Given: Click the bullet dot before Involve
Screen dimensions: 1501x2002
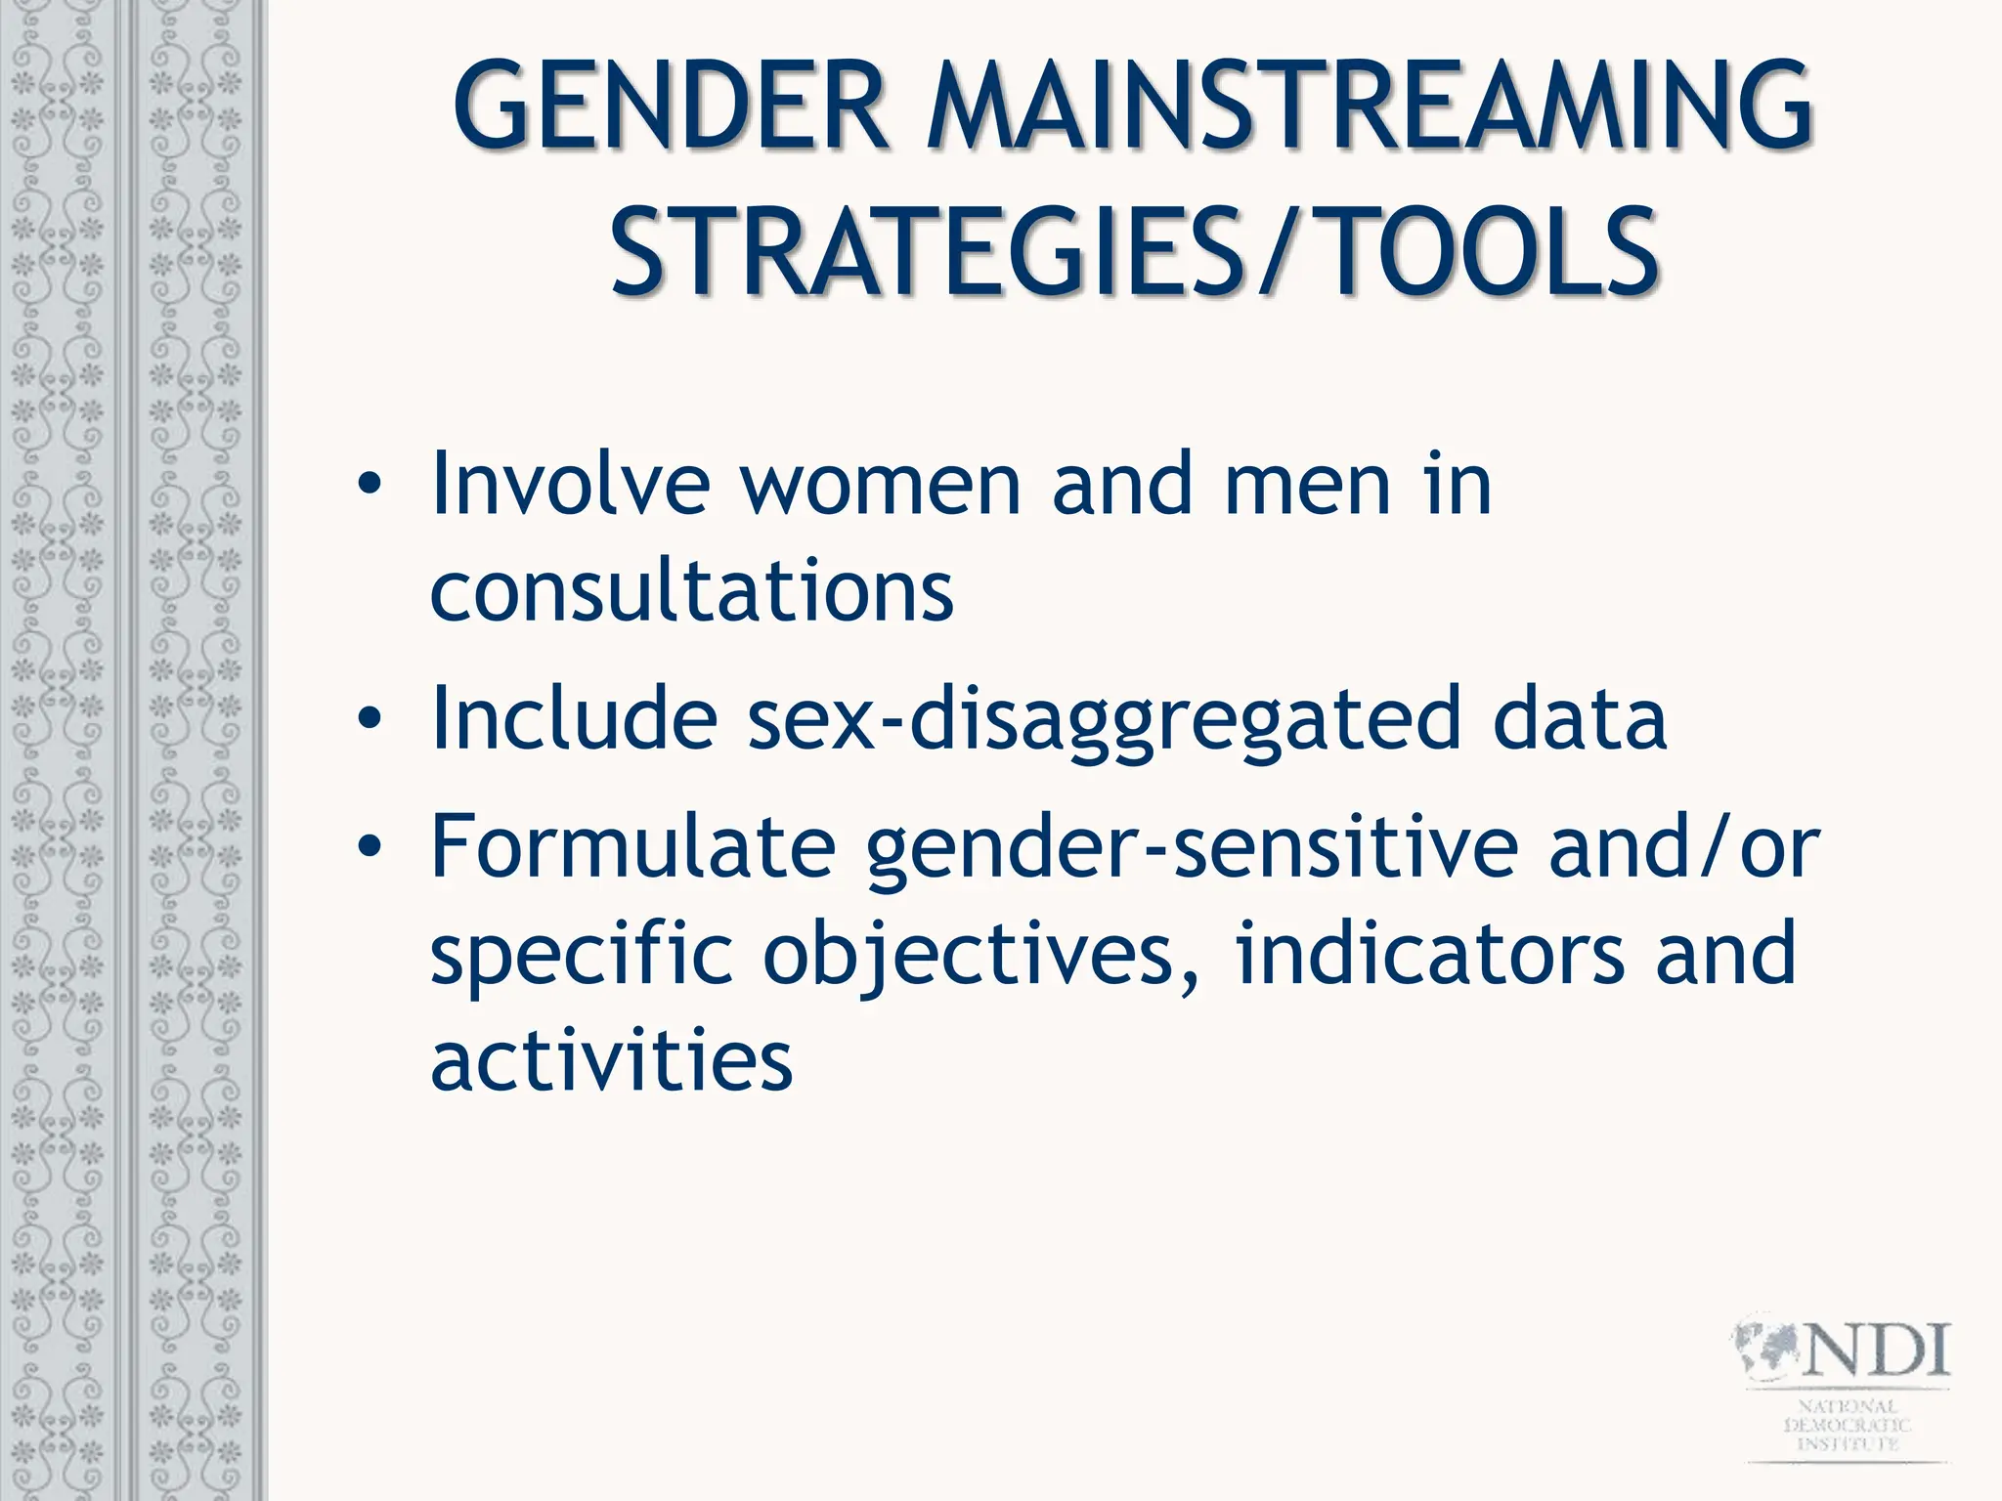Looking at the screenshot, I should click(x=369, y=485).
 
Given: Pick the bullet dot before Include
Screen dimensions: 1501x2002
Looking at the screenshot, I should click(x=369, y=719).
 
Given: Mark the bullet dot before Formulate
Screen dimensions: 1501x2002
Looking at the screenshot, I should click(x=369, y=846).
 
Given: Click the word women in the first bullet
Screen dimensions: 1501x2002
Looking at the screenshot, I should click(x=880, y=485).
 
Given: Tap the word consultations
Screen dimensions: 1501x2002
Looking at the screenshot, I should click(x=691, y=592).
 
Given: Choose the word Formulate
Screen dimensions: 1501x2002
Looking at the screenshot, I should click(x=632, y=846).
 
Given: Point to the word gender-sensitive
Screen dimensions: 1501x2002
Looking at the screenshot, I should click(x=1192, y=848).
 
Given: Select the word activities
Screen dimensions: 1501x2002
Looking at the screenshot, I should click(x=611, y=1061).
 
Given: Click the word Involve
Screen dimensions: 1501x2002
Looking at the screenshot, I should click(x=570, y=485).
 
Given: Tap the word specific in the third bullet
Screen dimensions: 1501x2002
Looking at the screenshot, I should click(x=582, y=956).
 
